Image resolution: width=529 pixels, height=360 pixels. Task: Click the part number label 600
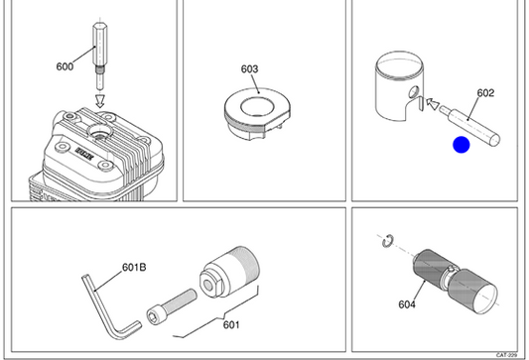pyautogui.click(x=65, y=66)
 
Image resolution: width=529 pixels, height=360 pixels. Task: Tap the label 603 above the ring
pyautogui.click(x=249, y=69)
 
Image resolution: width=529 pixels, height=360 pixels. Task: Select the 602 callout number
pyautogui.click(x=485, y=93)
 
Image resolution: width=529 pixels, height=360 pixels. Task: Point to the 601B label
pyautogui.click(x=134, y=268)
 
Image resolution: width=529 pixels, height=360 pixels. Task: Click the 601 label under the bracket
pyautogui.click(x=231, y=325)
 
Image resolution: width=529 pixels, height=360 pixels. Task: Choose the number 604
pyautogui.click(x=407, y=304)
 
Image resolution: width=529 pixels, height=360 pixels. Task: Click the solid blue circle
pyautogui.click(x=462, y=145)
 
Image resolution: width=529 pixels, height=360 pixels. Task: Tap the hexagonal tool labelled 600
pyautogui.click(x=100, y=56)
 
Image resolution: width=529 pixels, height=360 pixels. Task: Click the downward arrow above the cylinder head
pyautogui.click(x=100, y=101)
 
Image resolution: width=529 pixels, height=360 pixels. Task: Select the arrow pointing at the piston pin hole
pyautogui.click(x=433, y=103)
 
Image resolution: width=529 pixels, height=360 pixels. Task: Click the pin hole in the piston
pyautogui.click(x=414, y=91)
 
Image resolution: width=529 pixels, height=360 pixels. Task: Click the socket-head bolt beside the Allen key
pyautogui.click(x=172, y=306)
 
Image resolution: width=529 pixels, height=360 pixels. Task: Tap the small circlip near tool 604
pyautogui.click(x=387, y=240)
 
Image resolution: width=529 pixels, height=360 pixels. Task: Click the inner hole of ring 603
pyautogui.click(x=257, y=106)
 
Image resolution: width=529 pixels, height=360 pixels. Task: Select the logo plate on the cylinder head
pyautogui.click(x=84, y=153)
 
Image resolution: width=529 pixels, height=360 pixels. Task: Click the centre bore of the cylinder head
pyautogui.click(x=100, y=132)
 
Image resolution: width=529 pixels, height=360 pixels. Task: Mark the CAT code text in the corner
pyautogui.click(x=506, y=355)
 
